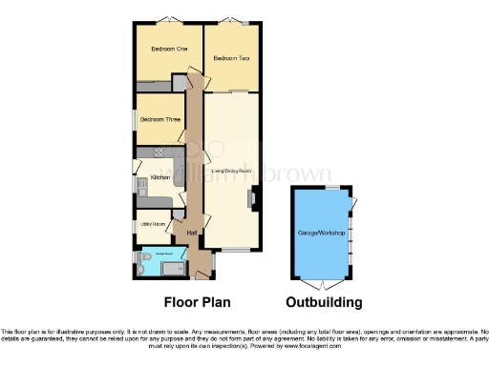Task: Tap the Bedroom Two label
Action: (231, 59)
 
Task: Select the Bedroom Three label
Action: (159, 120)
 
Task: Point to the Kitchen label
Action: (159, 177)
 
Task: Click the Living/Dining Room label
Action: (230, 172)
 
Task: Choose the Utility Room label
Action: (154, 224)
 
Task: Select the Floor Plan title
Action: (195, 303)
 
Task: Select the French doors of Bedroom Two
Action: (232, 21)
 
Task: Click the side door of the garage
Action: (354, 203)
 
